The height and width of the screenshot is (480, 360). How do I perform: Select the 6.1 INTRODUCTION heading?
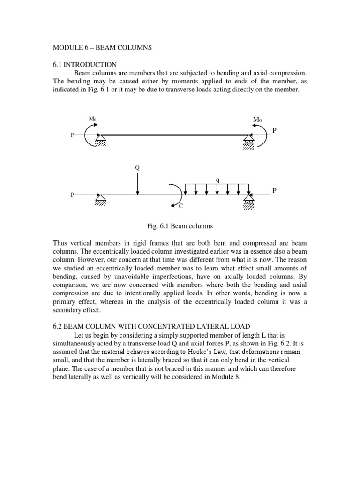click(84, 64)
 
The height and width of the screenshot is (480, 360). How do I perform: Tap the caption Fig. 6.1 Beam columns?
click(180, 226)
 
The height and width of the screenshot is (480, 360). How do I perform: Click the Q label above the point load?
click(137, 167)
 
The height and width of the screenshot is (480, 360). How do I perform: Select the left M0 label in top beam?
click(93, 119)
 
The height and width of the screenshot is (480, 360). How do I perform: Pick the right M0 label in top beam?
click(257, 120)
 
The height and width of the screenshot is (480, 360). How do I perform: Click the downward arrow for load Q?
click(137, 183)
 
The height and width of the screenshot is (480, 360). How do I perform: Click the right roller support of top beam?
click(249, 142)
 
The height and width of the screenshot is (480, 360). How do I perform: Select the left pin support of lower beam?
click(100, 200)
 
